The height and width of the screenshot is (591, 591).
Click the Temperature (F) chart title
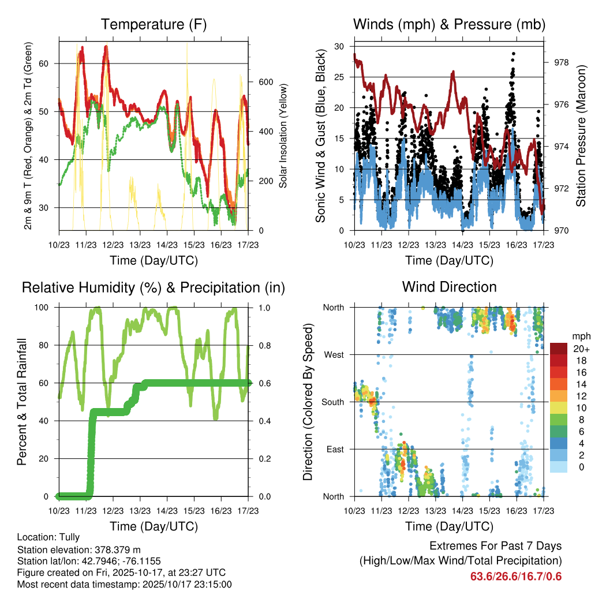(x=154, y=24)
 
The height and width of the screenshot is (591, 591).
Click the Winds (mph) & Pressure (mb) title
(x=449, y=24)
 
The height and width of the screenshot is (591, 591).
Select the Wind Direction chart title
(x=449, y=287)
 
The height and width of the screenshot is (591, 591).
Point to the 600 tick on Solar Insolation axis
(x=265, y=82)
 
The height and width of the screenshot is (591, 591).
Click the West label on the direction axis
(x=333, y=354)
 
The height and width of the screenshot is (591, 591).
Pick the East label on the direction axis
(x=334, y=449)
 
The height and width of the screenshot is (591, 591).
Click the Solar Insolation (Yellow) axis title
(x=283, y=136)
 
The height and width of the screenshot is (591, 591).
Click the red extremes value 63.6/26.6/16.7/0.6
(x=515, y=576)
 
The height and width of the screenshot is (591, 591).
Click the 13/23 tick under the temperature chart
(x=140, y=245)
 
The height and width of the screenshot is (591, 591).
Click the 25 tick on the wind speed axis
(x=339, y=77)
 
